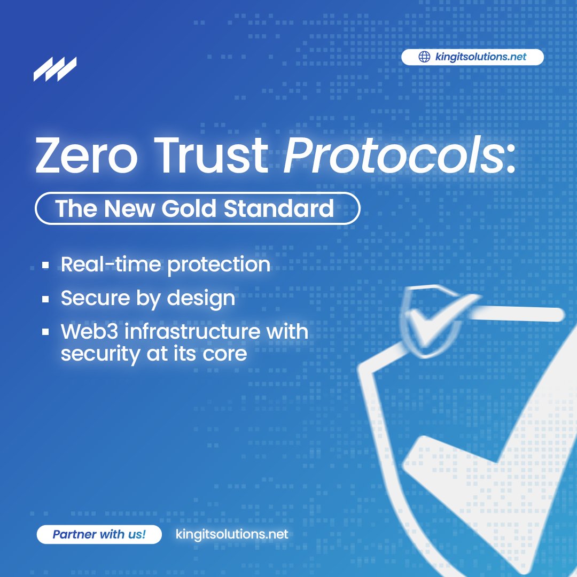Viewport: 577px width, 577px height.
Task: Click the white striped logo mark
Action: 54,69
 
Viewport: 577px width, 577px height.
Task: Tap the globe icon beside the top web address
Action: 424,57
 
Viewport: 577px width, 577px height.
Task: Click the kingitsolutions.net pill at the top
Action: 472,57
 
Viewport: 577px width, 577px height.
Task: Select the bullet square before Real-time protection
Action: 46,265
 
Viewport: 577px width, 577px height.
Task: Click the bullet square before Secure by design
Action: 46,299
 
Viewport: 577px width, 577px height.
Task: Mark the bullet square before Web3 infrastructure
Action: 46,332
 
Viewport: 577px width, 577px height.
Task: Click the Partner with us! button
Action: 99,534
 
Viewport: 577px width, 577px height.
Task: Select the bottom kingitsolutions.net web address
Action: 232,534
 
